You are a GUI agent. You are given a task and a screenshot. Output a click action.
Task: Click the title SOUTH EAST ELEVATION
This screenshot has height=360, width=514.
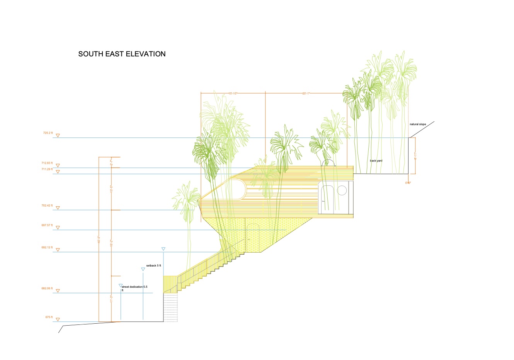[x=122, y=54]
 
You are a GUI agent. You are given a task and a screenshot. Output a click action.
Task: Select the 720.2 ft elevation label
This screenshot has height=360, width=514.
[x=48, y=133]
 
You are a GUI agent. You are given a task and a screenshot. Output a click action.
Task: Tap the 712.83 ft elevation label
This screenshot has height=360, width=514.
[x=47, y=163]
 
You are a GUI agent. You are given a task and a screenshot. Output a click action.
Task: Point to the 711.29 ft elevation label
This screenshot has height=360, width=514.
[x=47, y=169]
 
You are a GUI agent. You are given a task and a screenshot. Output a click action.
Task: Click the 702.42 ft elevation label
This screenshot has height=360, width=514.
[x=47, y=205]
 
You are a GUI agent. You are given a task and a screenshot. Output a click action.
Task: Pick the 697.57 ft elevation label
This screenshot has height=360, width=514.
[x=47, y=225]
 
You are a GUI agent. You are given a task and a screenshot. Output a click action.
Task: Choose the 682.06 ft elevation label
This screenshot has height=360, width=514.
[x=47, y=289]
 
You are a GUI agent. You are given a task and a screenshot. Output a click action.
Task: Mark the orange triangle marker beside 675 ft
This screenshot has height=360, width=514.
[x=58, y=319]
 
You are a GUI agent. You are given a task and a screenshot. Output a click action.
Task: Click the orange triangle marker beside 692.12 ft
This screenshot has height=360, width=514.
[x=58, y=250]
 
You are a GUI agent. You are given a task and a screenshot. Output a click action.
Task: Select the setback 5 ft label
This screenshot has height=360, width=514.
[x=153, y=266]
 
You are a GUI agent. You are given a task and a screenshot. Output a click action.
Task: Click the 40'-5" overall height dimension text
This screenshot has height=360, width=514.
[x=99, y=239]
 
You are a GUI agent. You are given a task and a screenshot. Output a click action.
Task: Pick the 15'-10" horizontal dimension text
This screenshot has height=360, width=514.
[x=233, y=93]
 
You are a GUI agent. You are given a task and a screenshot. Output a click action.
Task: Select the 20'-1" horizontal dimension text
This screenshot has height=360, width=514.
[x=306, y=93]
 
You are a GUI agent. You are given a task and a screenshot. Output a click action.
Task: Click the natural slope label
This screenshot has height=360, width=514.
[x=418, y=124]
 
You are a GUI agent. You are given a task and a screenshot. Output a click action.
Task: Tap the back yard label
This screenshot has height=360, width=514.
[x=376, y=161]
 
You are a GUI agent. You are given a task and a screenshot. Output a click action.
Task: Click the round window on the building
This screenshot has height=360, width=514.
[x=342, y=190]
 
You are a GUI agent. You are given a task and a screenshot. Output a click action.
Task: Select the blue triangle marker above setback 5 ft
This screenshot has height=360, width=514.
[x=143, y=269]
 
